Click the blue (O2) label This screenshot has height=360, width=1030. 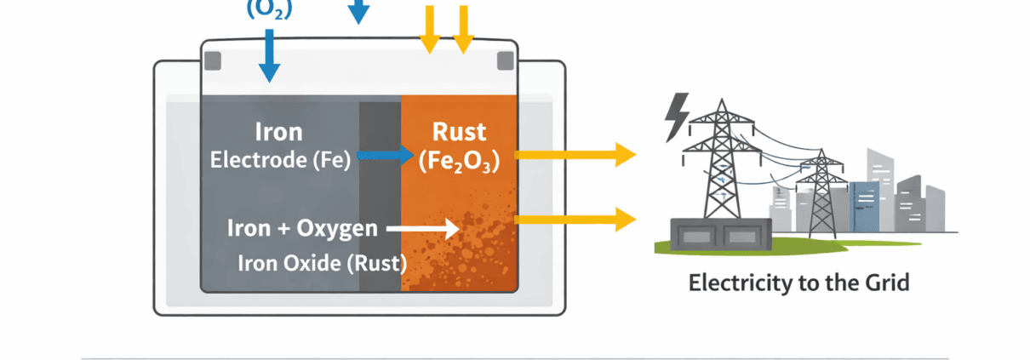(269, 9)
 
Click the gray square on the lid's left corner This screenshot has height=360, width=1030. (213, 60)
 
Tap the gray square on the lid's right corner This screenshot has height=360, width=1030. (505, 60)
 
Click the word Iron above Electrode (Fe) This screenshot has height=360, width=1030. (279, 132)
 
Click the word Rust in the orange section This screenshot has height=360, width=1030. (459, 132)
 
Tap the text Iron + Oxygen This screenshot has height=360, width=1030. (301, 228)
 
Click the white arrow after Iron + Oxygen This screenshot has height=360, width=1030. (422, 228)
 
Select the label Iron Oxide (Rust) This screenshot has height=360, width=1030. (322, 263)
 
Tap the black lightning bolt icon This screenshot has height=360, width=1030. (677, 117)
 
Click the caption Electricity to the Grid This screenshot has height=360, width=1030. (798, 283)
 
